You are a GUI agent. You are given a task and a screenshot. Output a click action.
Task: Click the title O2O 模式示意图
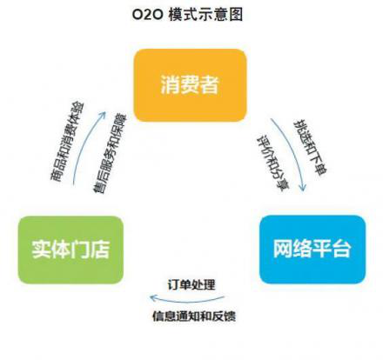[x=187, y=14]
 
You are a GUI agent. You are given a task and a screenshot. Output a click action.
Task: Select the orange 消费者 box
[x=191, y=85]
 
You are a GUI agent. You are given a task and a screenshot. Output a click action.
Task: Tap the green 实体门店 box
[x=71, y=250]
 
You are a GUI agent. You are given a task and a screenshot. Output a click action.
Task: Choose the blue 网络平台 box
[x=312, y=249]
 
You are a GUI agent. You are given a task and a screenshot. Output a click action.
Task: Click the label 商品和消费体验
[x=67, y=141]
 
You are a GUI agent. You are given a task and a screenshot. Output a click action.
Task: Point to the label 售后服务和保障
[x=111, y=154]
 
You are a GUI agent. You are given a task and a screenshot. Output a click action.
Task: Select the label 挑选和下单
[x=311, y=147]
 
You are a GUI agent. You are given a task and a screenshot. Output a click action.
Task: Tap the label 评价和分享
[x=272, y=163]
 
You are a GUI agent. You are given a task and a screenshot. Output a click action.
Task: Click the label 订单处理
[x=191, y=285]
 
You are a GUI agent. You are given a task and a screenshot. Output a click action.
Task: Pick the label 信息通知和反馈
[x=194, y=316]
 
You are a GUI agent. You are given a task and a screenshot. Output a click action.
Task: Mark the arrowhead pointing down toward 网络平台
[x=303, y=187]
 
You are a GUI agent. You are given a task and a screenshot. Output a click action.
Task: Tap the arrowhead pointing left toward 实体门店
[x=153, y=297]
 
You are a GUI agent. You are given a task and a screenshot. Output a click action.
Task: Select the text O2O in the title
[x=148, y=15]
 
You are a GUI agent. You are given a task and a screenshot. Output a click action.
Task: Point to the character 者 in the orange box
[x=209, y=84]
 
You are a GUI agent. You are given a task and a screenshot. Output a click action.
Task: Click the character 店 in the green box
[x=100, y=250]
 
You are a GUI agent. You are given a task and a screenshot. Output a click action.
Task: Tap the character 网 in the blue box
[x=283, y=249]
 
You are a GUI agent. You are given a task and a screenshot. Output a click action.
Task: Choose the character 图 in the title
[x=236, y=14]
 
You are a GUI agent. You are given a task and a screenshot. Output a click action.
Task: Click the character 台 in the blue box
[x=341, y=249]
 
